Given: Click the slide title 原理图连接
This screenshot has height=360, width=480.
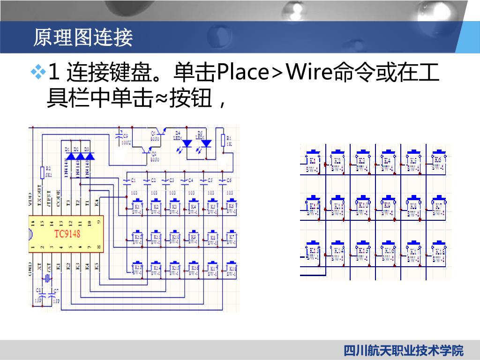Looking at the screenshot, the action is [x=83, y=37].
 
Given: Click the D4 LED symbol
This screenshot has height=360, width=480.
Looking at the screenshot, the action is [x=187, y=142].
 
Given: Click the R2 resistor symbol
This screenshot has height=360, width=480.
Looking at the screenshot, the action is [x=43, y=171].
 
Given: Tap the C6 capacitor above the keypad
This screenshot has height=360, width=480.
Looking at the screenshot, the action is [x=223, y=180].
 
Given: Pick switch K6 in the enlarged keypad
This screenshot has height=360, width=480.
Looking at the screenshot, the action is [x=438, y=161].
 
